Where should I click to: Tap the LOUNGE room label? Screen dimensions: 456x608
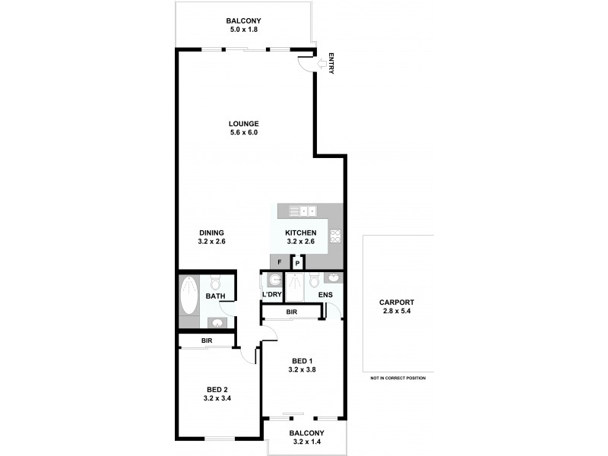tap(244, 124)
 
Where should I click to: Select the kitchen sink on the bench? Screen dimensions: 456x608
tap(307, 211)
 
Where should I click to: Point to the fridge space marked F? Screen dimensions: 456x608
tap(280, 262)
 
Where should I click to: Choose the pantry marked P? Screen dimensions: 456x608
tap(298, 263)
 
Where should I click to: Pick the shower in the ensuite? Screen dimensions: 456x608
tap(295, 287)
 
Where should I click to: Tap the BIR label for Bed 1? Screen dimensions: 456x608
tap(291, 312)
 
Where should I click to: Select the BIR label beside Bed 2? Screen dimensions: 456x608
tap(207, 341)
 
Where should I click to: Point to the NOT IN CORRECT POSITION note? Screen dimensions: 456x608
tap(397, 378)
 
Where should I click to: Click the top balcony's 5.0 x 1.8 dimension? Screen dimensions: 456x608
tap(244, 30)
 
